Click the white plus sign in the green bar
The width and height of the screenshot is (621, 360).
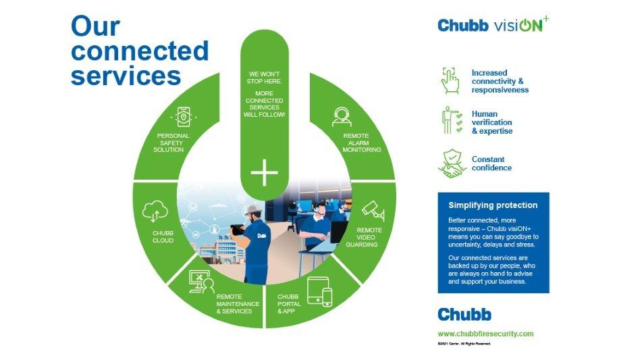(x=265, y=174)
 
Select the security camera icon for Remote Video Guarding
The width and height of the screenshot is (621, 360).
(x=373, y=211)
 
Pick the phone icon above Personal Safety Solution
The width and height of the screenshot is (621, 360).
(x=184, y=117)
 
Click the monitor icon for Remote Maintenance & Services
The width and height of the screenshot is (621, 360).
(x=201, y=280)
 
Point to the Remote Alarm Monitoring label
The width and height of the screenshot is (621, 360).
(x=362, y=143)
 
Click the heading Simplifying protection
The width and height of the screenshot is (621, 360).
(x=493, y=205)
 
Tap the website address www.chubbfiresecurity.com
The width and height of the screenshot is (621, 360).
(x=485, y=334)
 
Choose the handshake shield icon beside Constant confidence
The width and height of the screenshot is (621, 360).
(x=452, y=163)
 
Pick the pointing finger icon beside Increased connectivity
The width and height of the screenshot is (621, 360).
(x=450, y=80)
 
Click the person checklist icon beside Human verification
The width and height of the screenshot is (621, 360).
(x=452, y=122)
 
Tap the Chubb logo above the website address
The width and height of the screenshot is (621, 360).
(x=464, y=314)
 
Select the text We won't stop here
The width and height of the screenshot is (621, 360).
(x=265, y=78)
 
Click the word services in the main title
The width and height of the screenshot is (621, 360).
(x=126, y=74)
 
